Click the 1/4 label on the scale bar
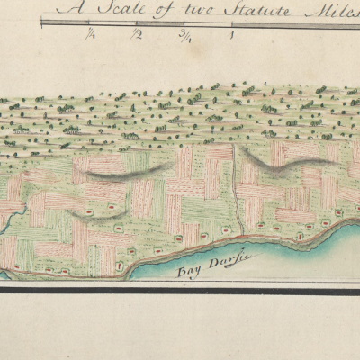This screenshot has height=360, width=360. click(x=92, y=35)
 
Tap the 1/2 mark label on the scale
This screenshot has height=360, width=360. click(x=137, y=35)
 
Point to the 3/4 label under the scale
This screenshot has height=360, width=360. click(x=185, y=35)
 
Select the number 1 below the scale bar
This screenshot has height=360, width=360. click(x=233, y=36)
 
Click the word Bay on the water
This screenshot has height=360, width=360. click(x=186, y=257)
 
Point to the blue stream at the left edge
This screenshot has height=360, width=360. click(x=7, y=213)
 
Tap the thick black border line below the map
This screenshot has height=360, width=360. click(x=180, y=290)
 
